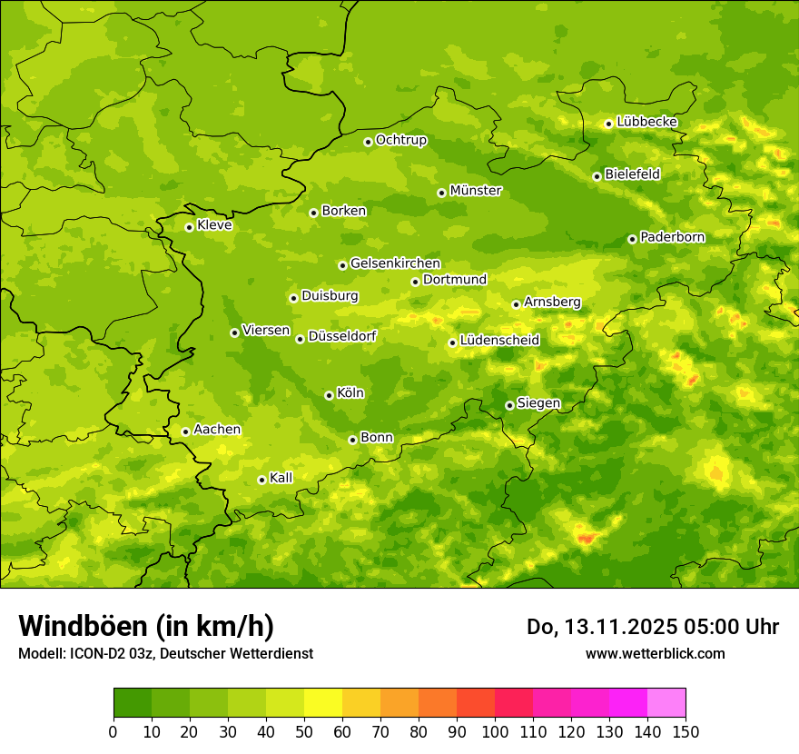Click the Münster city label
pyautogui.click(x=475, y=191)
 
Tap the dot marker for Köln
pyautogui.click(x=329, y=395)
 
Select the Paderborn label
pyautogui.click(x=672, y=237)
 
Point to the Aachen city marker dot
pyautogui.click(x=185, y=432)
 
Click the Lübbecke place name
pyautogui.click(x=646, y=122)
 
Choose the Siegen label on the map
pyautogui.click(x=538, y=403)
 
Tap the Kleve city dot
pyautogui.click(x=189, y=227)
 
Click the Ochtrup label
pyautogui.click(x=400, y=140)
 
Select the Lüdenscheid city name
pyautogui.click(x=499, y=341)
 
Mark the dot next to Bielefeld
pyautogui.click(x=597, y=176)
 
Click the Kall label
pyautogui.click(x=281, y=478)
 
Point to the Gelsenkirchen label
pyautogui.click(x=395, y=263)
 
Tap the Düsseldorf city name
pyautogui.click(x=341, y=336)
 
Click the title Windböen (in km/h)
pyautogui.click(x=146, y=626)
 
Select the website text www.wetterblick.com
pyautogui.click(x=655, y=653)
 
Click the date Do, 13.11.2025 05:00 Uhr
pyautogui.click(x=653, y=627)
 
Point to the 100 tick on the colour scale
pyautogui.click(x=495, y=731)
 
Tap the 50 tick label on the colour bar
pyautogui.click(x=304, y=731)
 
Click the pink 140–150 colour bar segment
pyautogui.click(x=666, y=702)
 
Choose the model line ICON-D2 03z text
pyautogui.click(x=165, y=653)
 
